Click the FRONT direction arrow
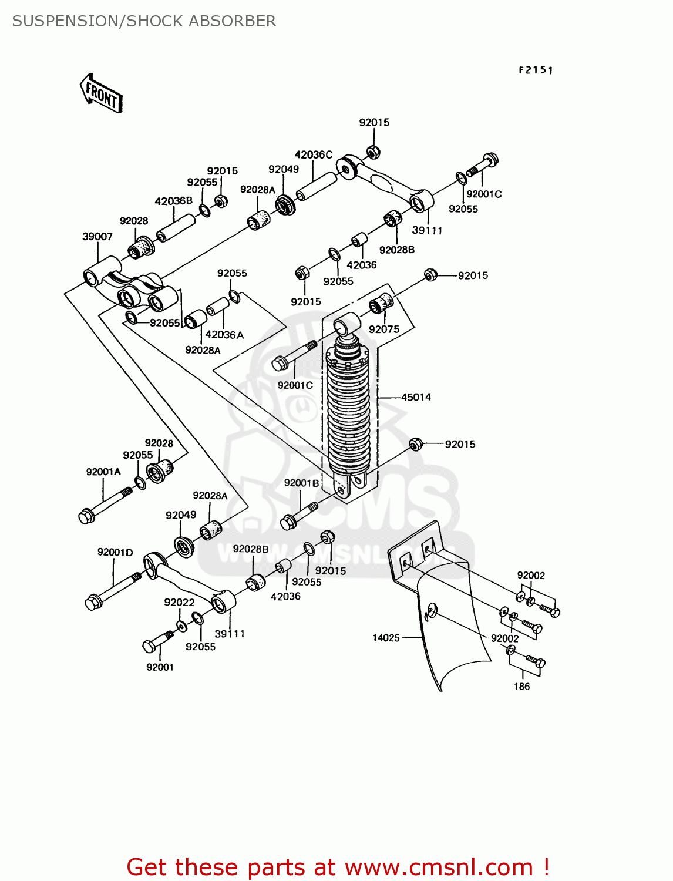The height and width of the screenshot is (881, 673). click(102, 93)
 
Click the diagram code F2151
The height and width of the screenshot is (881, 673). click(536, 70)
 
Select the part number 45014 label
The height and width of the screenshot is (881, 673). click(416, 397)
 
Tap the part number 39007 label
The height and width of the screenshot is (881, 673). click(97, 237)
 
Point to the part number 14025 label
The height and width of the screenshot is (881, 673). click(386, 638)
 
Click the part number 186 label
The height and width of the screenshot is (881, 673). click(521, 686)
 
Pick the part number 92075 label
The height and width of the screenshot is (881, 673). click(384, 329)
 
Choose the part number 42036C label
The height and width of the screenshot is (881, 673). click(313, 154)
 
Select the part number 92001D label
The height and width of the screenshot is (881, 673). click(115, 552)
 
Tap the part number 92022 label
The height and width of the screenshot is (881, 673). click(179, 602)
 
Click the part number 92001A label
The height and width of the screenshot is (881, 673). click(103, 472)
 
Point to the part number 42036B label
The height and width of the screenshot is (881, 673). click(173, 201)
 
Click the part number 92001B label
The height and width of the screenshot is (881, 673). click(301, 483)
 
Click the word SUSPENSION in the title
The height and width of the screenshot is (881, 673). click(65, 21)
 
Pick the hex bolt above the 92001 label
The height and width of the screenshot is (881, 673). click(156, 641)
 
